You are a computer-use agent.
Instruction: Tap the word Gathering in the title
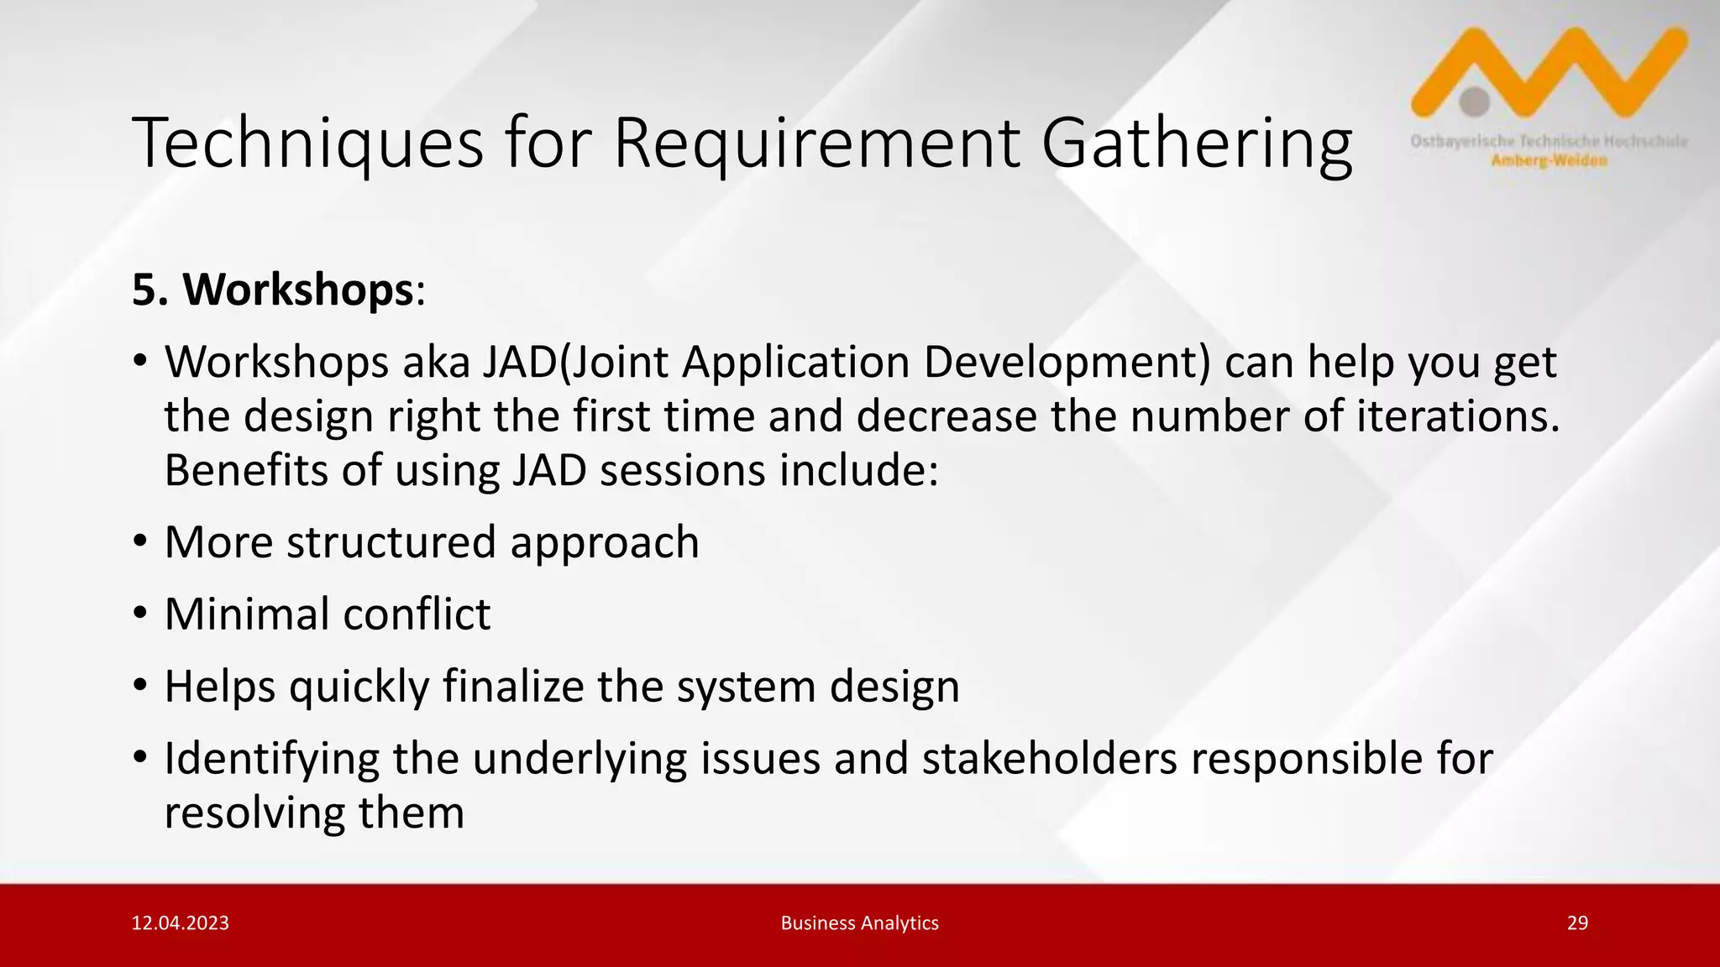[x=1197, y=144]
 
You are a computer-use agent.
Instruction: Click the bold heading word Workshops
[x=298, y=290]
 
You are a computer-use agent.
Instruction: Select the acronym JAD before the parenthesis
[x=519, y=363]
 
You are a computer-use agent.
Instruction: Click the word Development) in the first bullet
[x=1067, y=363]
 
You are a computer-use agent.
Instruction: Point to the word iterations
[x=1457, y=416]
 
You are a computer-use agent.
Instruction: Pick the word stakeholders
[x=1050, y=759]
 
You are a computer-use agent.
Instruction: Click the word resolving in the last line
[x=254, y=813]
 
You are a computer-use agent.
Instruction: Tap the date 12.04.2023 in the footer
[x=181, y=923]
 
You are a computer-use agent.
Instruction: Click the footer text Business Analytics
[x=859, y=923]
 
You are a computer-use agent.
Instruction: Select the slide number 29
[x=1577, y=923]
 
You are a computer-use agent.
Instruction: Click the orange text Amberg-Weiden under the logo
[x=1549, y=161]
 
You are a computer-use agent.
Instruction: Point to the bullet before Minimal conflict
[x=140, y=614]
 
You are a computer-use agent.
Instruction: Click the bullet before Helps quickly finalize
[x=140, y=687]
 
